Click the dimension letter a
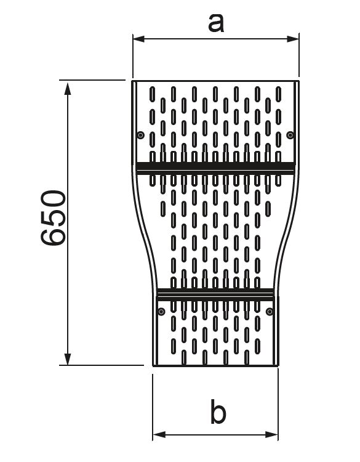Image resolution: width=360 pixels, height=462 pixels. pyautogui.click(x=216, y=23)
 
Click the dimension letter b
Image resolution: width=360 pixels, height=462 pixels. pyautogui.click(x=218, y=411)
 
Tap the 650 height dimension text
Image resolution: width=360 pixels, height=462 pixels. pyautogui.click(x=54, y=217)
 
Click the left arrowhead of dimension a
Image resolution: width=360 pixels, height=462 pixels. pyautogui.click(x=138, y=39)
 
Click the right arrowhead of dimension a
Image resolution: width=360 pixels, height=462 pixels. pyautogui.click(x=293, y=39)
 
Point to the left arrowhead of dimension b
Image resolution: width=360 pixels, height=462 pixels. pyautogui.click(x=159, y=434)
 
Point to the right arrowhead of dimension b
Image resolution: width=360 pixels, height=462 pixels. pyautogui.click(x=272, y=434)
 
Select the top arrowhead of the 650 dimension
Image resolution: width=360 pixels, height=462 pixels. pyautogui.click(x=68, y=88)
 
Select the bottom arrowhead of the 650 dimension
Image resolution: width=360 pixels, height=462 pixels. pyautogui.click(x=68, y=359)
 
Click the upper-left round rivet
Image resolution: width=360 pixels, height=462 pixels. pyautogui.click(x=141, y=136)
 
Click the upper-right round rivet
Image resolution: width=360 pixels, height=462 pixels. pyautogui.click(x=290, y=136)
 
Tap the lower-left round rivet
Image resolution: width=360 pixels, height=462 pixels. pyautogui.click(x=161, y=312)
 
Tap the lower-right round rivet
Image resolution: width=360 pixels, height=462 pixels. pyautogui.click(x=270, y=312)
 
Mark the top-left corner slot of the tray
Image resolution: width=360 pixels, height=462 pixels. pyautogui.click(x=152, y=94)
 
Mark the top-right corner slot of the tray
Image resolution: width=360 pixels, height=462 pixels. pyautogui.click(x=278, y=94)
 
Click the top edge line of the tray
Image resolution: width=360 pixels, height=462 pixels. pyautogui.click(x=215, y=81)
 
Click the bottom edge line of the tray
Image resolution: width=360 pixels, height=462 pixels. pyautogui.click(x=215, y=365)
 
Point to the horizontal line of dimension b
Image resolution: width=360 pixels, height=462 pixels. pyautogui.click(x=215, y=435)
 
